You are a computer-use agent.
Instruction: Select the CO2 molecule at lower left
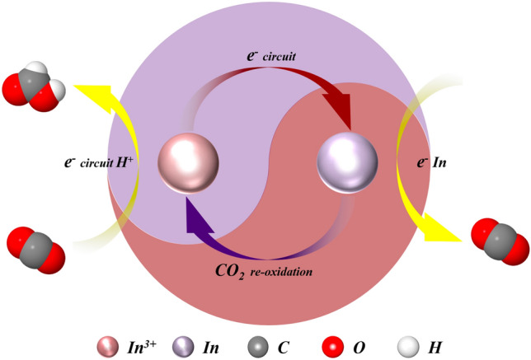click(x=31, y=250)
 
